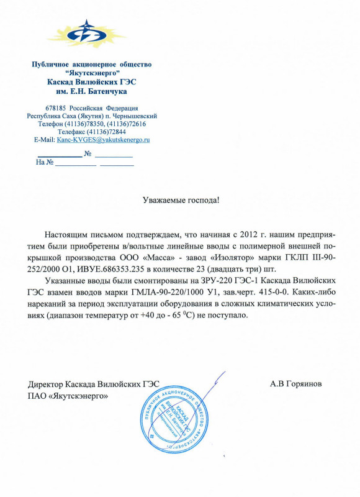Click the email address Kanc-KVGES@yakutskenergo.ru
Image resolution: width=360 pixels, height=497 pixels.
(103, 140)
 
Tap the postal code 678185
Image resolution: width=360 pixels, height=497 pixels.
(56, 108)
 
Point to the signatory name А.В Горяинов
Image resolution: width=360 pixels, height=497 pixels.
(295, 383)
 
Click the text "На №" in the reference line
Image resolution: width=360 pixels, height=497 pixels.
(45, 162)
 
